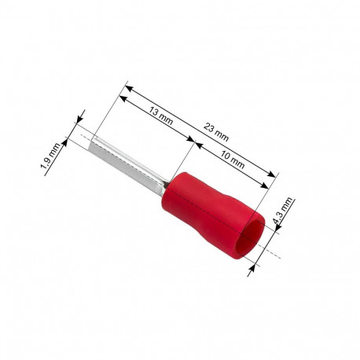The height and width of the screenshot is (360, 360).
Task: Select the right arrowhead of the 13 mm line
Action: click(192, 141)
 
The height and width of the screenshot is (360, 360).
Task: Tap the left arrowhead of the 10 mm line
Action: click(197, 145)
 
